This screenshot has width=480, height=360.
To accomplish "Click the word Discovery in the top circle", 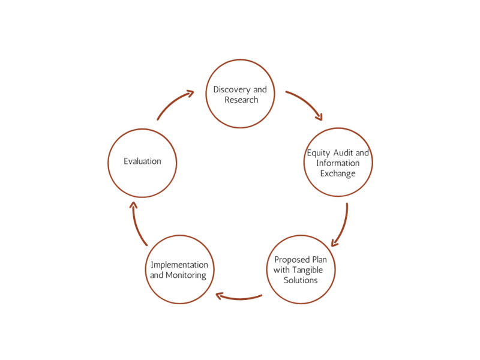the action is point(232,89).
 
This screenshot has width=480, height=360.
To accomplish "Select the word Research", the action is point(241,100).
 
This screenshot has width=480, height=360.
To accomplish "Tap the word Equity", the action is point(319,153).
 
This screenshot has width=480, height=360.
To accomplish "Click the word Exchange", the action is point(338,173).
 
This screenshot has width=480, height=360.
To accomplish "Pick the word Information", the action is point(338,163).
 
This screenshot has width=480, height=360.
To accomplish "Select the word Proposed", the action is point(292,260).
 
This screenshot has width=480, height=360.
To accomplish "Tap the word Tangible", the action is point(307,271).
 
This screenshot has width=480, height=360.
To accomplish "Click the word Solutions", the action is point(301,280).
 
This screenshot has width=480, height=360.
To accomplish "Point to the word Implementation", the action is point(179,265).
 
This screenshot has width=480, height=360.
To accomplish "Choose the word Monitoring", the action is point(186,275).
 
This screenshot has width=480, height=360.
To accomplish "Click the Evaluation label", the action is point(142,161).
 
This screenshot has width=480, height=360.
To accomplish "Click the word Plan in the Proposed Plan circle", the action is point(320,260).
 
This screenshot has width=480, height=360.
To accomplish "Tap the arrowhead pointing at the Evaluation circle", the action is point(133,205).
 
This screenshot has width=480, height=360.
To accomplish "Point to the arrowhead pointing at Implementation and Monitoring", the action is point(220,296).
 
